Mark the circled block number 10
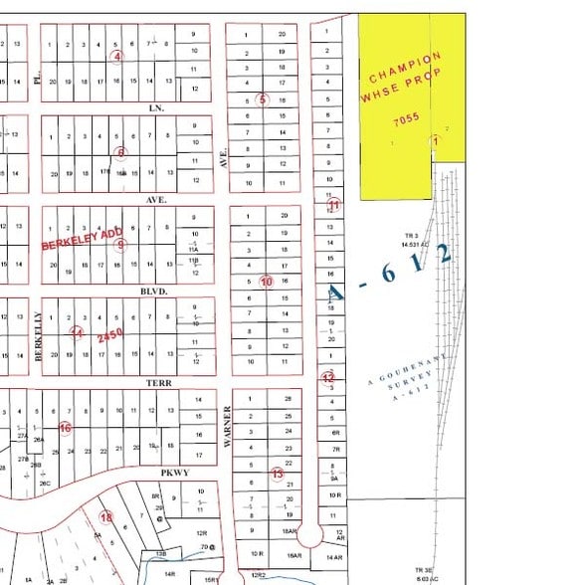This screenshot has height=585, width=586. [x=266, y=282]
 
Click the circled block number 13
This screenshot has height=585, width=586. [x=278, y=474]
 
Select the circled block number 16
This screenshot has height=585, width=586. [x=65, y=428]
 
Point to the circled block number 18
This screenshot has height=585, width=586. [x=106, y=516]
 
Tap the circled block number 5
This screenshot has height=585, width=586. [x=262, y=98]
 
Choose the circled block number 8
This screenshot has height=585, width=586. [x=121, y=152]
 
